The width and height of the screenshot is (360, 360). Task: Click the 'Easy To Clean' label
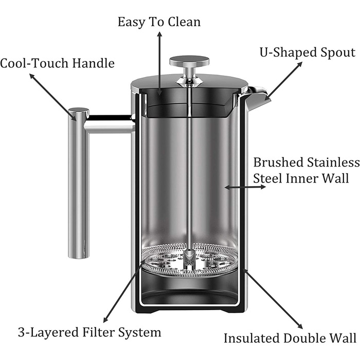click(159, 23)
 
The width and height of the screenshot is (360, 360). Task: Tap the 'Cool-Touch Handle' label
click(57, 63)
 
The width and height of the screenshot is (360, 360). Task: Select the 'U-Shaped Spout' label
click(308, 52)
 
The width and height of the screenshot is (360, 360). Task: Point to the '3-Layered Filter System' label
click(89, 332)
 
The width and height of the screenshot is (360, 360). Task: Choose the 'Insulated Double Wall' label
click(290, 338)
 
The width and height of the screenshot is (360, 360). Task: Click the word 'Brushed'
click(279, 163)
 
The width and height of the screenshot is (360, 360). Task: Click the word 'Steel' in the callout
click(267, 178)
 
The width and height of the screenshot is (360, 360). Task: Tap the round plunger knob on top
click(189, 61)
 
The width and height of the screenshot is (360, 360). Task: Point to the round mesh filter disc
click(189, 261)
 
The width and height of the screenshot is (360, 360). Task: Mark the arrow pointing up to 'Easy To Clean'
click(159, 63)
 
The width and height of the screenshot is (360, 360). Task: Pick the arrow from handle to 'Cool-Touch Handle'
click(53, 97)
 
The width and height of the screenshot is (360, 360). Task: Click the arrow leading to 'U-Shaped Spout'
click(283, 81)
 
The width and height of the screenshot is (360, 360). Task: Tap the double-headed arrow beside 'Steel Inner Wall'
click(245, 187)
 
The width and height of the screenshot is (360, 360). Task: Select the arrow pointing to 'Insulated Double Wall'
click(273, 298)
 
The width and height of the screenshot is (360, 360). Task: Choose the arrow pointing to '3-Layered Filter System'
click(124, 291)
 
